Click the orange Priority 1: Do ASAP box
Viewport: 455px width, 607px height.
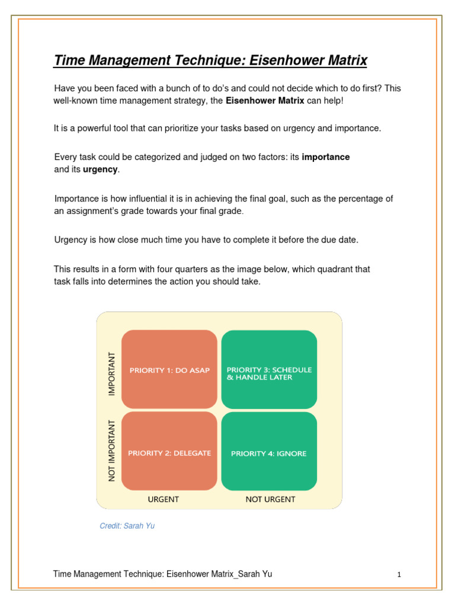click(x=169, y=369)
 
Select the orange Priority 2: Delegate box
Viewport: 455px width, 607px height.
click(x=169, y=451)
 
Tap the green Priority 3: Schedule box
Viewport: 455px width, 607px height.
click(x=269, y=369)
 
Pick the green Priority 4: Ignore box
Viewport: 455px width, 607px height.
click(x=269, y=451)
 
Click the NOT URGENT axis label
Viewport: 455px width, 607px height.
click(x=270, y=499)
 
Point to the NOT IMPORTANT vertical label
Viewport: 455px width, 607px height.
click(x=111, y=451)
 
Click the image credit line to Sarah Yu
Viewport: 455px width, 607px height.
click(x=127, y=526)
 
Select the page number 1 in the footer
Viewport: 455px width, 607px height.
click(x=399, y=574)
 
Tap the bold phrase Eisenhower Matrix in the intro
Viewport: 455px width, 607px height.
click(x=265, y=101)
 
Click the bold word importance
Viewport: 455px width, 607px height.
click(x=325, y=157)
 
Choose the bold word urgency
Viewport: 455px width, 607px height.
click(x=100, y=170)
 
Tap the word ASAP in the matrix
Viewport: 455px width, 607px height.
click(x=199, y=370)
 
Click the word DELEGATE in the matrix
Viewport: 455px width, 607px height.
click(x=191, y=453)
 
